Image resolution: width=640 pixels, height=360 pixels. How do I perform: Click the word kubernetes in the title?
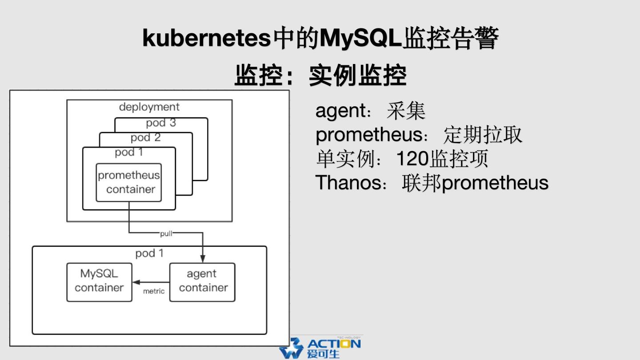pyautogui.click(x=207, y=39)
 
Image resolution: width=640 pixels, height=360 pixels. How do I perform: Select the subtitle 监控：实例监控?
pyautogui.click(x=320, y=76)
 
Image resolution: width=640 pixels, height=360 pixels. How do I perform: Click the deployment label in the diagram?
pyautogui.click(x=149, y=107)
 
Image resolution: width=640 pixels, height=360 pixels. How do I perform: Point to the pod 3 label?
pyautogui.click(x=161, y=123)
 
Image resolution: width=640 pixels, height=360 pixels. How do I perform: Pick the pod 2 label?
pyautogui.click(x=146, y=138)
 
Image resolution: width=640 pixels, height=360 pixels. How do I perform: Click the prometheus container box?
pyautogui.click(x=129, y=182)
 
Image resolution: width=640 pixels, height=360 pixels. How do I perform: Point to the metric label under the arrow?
pyautogui.click(x=154, y=292)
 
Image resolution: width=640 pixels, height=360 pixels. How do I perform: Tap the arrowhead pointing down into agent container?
pyautogui.click(x=203, y=259)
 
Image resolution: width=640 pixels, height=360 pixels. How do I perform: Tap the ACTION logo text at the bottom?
pyautogui.click(x=334, y=344)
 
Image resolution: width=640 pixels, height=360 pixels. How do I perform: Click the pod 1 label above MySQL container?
pyautogui.click(x=149, y=253)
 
